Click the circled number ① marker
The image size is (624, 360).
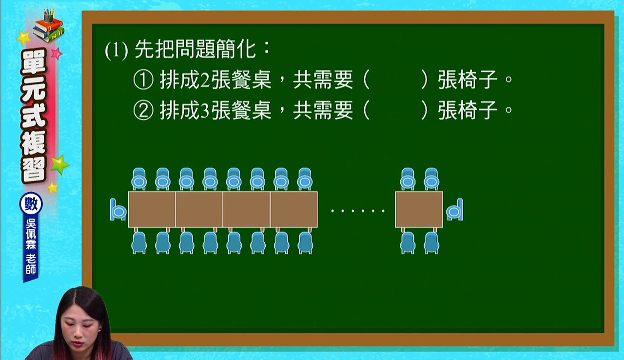point(143,80)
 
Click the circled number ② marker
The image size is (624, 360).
point(143,110)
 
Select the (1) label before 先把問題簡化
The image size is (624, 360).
point(117,51)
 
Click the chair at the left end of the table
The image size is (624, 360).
point(118,210)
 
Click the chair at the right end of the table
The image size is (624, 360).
point(455,210)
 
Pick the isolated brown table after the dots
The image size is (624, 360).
point(419,210)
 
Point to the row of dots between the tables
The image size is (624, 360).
point(358,211)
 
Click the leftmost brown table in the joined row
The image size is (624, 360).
point(152,210)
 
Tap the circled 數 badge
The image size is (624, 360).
point(31,203)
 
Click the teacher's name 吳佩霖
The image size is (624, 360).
point(31,234)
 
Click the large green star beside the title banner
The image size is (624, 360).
point(59,164)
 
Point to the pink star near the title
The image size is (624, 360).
point(57,53)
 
